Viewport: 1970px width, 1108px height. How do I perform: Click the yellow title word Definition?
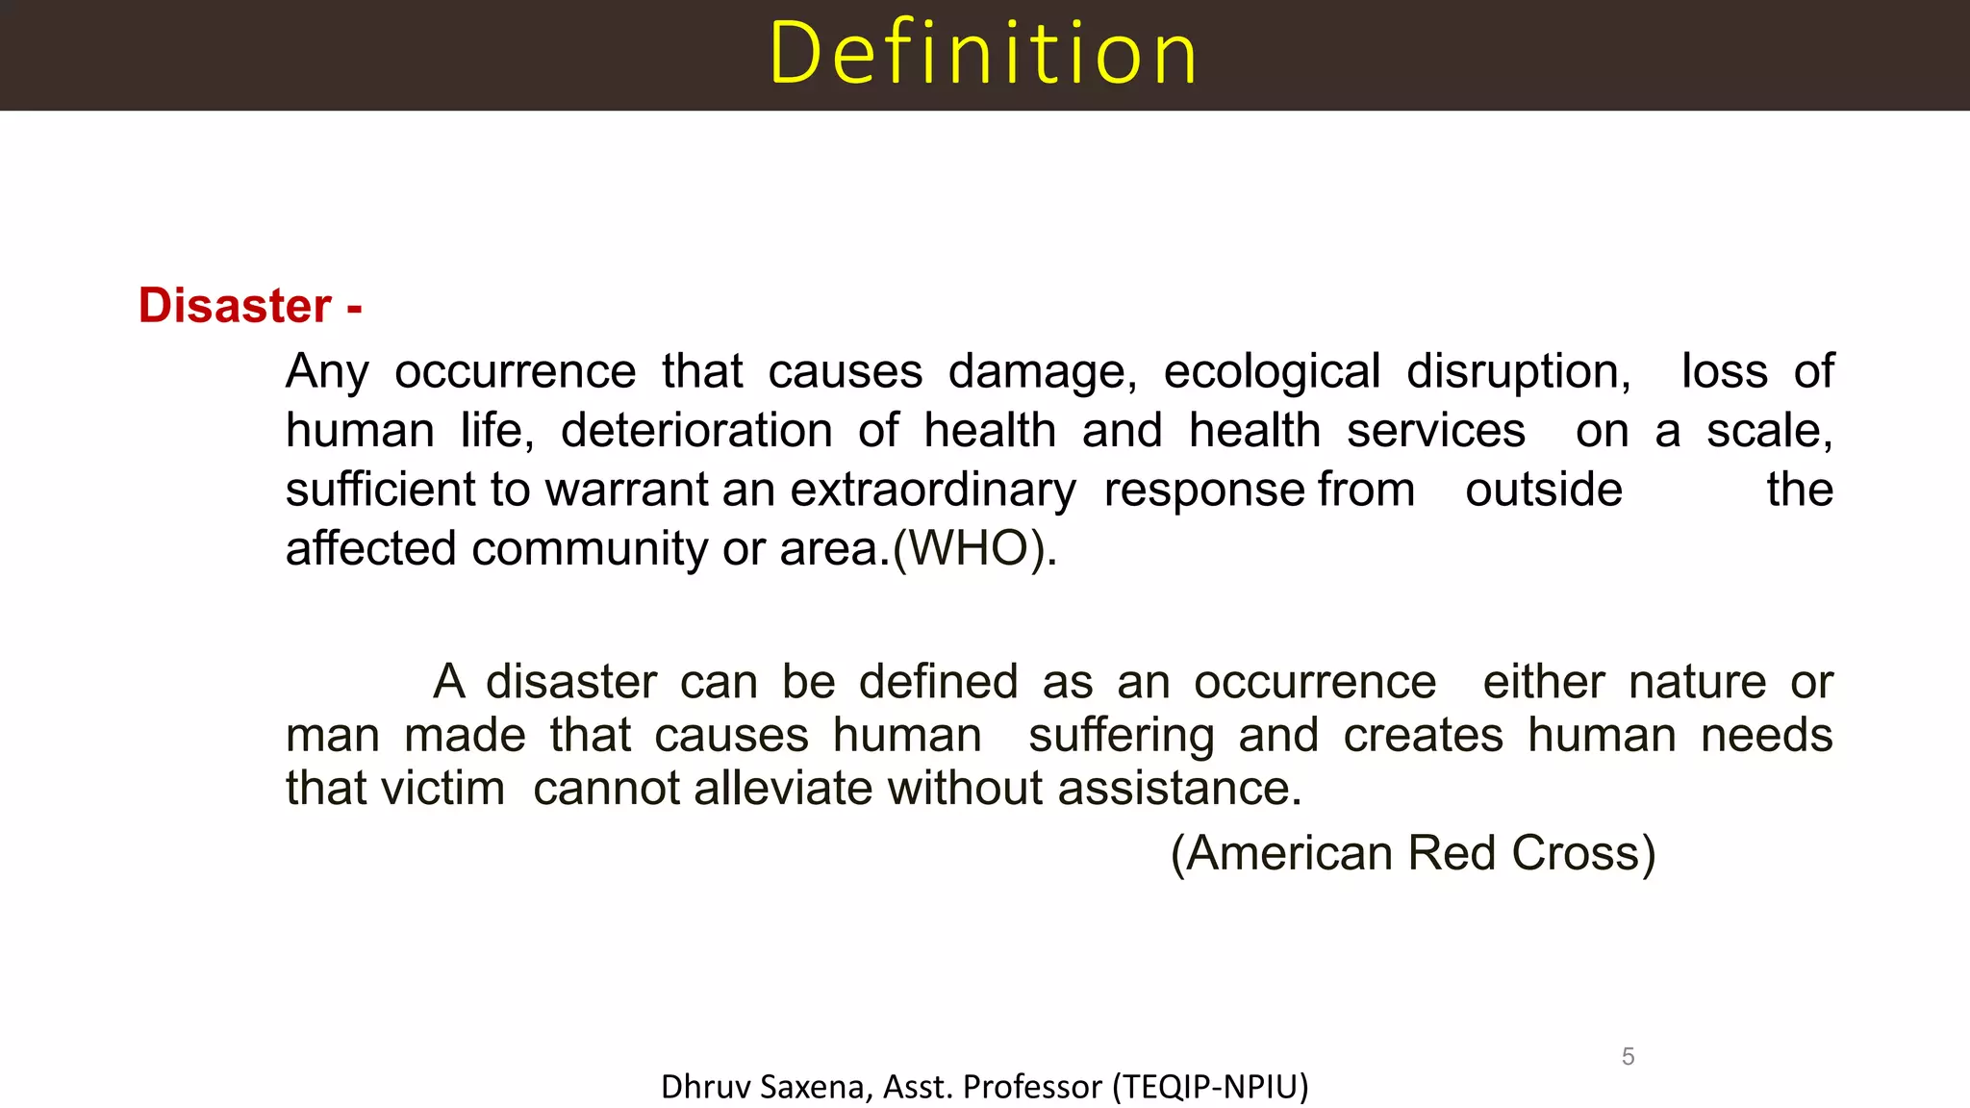coord(983,54)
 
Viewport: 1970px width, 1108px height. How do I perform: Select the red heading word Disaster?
coord(235,306)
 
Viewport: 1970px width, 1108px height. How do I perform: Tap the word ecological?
coord(1272,371)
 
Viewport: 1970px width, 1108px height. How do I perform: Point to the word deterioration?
coord(696,430)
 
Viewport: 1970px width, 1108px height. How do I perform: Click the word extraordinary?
coord(933,490)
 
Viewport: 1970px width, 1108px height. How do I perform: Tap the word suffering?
coord(1121,736)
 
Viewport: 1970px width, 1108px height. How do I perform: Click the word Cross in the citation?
coord(1582,853)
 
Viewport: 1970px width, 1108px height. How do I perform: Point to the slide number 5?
coord(1628,1056)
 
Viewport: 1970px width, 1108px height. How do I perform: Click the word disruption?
coord(1518,371)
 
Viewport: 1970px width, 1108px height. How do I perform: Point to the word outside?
coord(1544,490)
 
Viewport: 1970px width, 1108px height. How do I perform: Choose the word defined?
coord(938,682)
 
